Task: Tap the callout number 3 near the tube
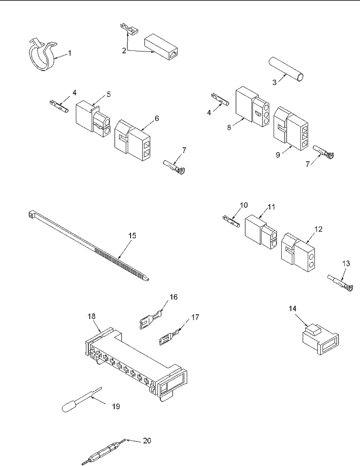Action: tap(275, 82)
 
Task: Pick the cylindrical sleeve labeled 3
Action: tap(287, 69)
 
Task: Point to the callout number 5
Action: tap(108, 95)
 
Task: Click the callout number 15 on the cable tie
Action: tap(132, 236)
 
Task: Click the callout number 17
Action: tap(195, 317)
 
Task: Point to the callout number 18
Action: tap(92, 316)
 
